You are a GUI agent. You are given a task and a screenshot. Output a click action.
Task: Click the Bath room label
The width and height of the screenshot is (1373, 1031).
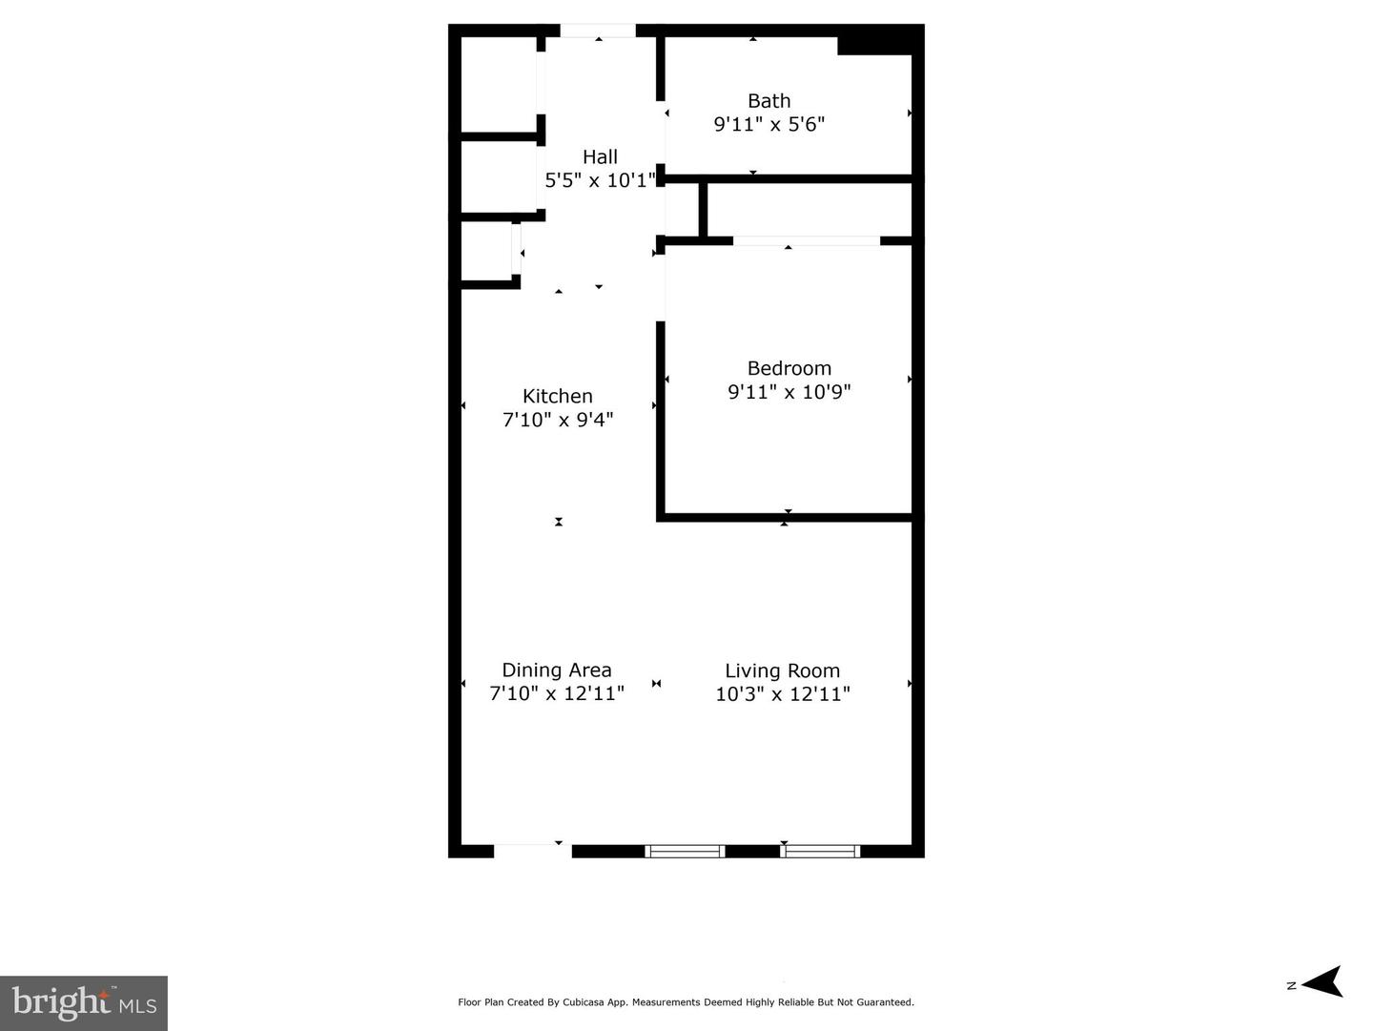[x=768, y=101]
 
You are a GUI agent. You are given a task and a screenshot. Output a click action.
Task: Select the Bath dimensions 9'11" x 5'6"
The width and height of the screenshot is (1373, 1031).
[x=768, y=124]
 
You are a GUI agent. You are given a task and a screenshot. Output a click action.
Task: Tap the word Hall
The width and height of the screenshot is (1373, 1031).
[x=600, y=157]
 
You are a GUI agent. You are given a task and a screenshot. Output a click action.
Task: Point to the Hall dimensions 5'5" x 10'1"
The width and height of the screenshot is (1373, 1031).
[x=600, y=180]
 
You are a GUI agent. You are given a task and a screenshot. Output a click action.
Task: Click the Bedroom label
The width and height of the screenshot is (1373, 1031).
[x=789, y=368]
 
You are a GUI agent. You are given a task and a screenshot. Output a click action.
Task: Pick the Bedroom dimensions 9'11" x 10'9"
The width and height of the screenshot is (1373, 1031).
[x=789, y=391]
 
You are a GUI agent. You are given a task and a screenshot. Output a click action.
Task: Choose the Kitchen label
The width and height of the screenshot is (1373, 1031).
[x=558, y=396]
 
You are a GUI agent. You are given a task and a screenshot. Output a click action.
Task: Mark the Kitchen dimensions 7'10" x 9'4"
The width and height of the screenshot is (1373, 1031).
[x=558, y=419]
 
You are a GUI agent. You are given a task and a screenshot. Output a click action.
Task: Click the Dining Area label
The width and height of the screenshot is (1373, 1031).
[x=557, y=670]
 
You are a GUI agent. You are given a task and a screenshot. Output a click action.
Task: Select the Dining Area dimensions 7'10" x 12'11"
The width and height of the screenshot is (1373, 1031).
[x=557, y=693]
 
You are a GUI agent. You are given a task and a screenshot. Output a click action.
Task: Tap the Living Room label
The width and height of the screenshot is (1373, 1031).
[x=782, y=670]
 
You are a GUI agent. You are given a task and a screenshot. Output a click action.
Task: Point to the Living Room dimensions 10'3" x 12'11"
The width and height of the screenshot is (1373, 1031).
[x=782, y=693]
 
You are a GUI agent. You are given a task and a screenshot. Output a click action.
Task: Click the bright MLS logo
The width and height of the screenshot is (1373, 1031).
[x=84, y=1002]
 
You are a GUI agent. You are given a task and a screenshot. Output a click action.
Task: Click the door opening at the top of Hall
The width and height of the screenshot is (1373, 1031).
[x=598, y=31]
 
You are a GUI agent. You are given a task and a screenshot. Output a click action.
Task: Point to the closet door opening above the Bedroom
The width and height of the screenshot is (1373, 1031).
[x=806, y=240]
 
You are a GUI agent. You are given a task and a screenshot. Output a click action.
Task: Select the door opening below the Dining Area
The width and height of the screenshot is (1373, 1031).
[x=532, y=851]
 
